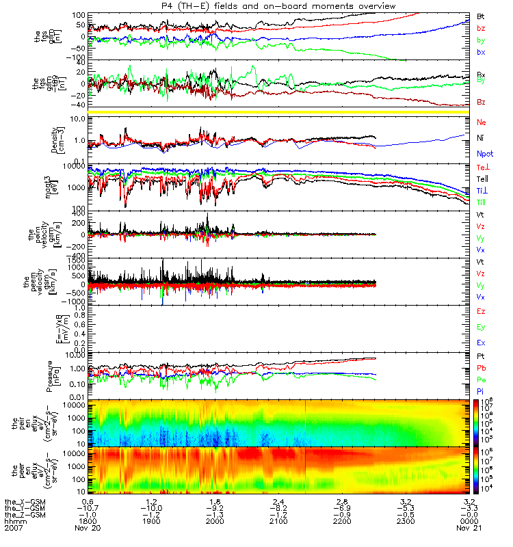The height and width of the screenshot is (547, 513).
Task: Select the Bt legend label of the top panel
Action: [x=481, y=15]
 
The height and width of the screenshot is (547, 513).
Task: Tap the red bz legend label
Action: [x=481, y=28]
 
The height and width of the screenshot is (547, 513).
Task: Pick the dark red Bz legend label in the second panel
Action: [x=481, y=102]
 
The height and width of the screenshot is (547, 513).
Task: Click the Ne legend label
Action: [x=481, y=122]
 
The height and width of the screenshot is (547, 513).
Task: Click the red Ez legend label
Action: [x=481, y=312]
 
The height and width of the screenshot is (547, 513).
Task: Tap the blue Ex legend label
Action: [x=481, y=341]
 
